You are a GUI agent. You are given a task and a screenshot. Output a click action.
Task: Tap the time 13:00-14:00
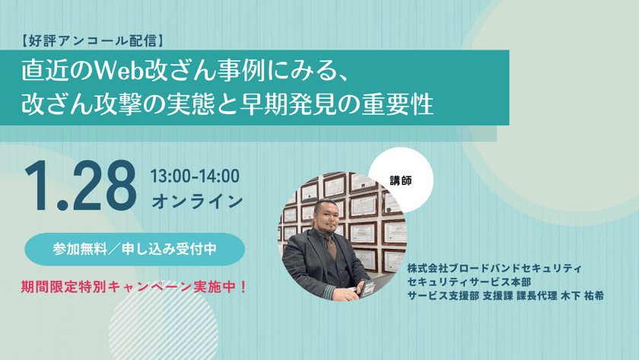pos(196,177)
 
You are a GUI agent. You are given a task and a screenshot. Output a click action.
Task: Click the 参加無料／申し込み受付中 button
pos(135,249)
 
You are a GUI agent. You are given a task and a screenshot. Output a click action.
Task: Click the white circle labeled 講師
pos(401,181)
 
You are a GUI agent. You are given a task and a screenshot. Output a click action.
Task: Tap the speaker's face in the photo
pos(329,222)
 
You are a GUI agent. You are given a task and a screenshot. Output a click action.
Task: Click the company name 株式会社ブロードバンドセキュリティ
pos(494,268)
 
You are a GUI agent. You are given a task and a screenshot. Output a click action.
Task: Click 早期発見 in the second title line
pos(287,104)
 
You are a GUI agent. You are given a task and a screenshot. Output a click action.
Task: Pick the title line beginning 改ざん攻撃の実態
pos(227,104)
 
